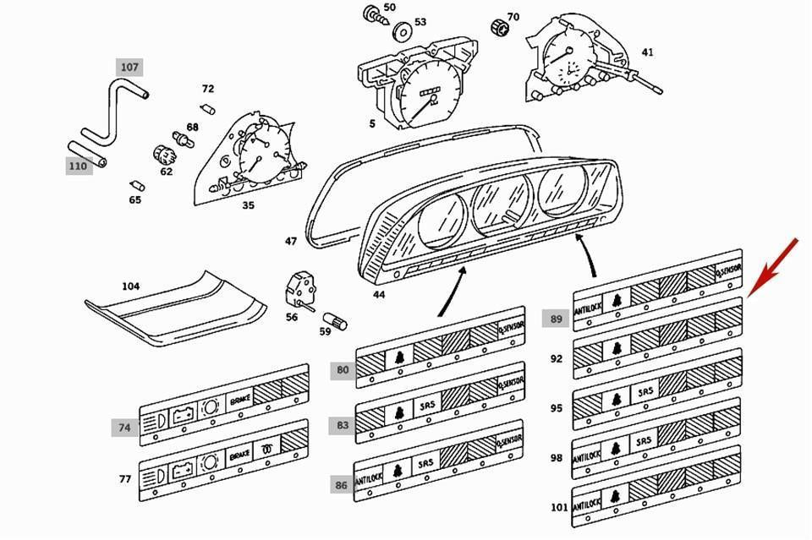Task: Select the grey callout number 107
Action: pos(129,67)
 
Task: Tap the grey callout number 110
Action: pos(78,166)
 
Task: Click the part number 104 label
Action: pos(130,286)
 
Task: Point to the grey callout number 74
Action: pos(124,428)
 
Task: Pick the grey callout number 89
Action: pos(555,318)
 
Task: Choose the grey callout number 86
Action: pos(341,484)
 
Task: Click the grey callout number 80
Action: pos(342,368)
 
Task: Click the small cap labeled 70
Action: pos(498,29)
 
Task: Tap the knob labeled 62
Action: pos(164,155)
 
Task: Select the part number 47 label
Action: pos(291,242)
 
